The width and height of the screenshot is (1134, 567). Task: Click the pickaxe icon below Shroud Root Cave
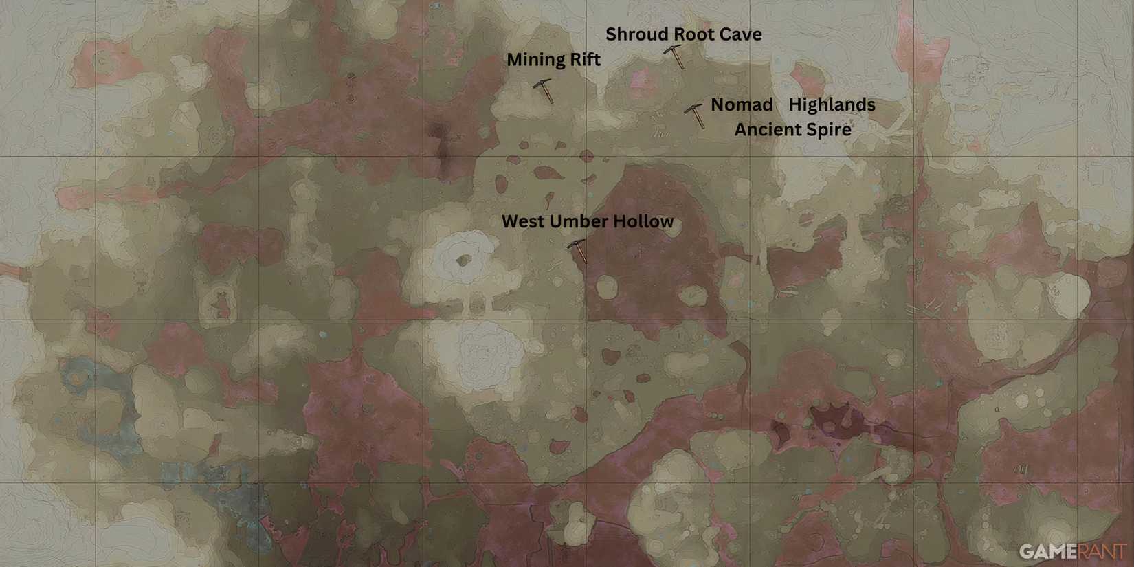coord(675,56)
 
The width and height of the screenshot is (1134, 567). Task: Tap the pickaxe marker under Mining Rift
coord(544,90)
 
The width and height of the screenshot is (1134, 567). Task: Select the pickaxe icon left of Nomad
coord(696,115)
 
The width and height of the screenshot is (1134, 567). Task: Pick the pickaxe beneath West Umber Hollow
coord(578,251)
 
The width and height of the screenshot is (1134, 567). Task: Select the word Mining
coord(533,60)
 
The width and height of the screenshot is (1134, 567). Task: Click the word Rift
coord(583,60)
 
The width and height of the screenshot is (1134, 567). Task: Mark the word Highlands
coord(832,105)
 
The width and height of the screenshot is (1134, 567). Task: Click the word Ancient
coord(765,130)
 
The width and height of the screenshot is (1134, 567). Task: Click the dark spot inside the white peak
coord(463,260)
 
